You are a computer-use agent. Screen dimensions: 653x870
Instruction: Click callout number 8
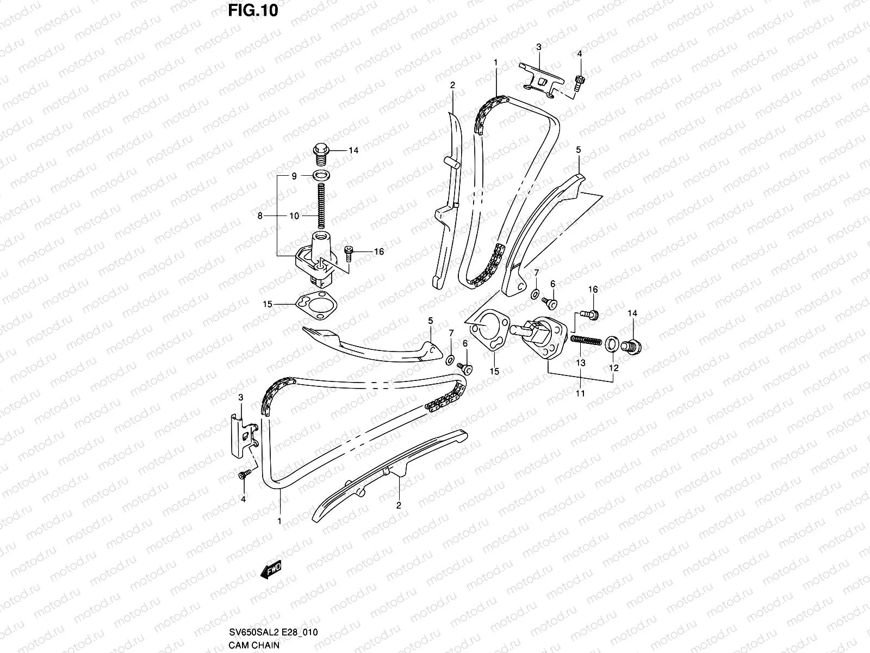coord(260,216)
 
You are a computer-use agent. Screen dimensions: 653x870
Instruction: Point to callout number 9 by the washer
coord(294,176)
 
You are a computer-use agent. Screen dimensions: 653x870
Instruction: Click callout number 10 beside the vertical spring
coord(294,216)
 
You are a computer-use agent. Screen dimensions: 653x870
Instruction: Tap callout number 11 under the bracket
coord(580,393)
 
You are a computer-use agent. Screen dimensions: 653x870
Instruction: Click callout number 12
coord(613,368)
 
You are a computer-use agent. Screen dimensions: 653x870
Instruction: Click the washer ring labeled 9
coord(321,176)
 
